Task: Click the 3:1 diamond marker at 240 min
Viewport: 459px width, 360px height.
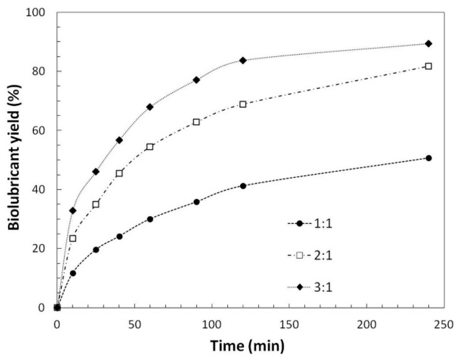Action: click(x=428, y=44)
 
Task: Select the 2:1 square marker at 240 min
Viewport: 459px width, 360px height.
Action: click(x=428, y=66)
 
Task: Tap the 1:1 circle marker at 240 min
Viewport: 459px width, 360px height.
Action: click(x=429, y=158)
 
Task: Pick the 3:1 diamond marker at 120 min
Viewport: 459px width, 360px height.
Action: click(x=243, y=60)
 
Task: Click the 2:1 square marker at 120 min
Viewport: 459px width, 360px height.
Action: click(x=243, y=104)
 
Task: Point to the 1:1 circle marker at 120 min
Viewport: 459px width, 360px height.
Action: click(x=243, y=186)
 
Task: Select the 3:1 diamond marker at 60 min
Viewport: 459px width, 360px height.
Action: click(x=150, y=107)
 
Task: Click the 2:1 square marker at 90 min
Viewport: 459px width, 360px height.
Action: click(x=196, y=122)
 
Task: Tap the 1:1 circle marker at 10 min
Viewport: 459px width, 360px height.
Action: click(x=73, y=273)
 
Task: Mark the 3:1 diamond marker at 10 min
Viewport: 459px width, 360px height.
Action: click(x=73, y=211)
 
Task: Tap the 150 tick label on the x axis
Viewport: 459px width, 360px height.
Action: click(x=289, y=325)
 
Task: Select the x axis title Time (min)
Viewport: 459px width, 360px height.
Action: click(x=247, y=346)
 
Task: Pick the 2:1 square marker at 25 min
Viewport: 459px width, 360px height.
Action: click(x=96, y=205)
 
